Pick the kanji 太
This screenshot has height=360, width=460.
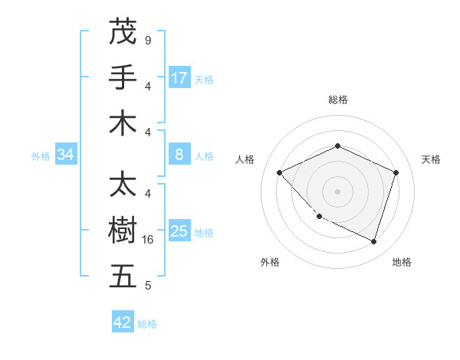(x=123, y=185)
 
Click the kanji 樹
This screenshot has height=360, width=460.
(x=123, y=231)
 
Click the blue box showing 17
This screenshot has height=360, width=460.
(x=179, y=77)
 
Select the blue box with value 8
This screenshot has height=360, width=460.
(x=179, y=155)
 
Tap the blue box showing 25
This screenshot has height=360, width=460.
(x=179, y=231)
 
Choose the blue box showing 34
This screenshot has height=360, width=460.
(x=66, y=155)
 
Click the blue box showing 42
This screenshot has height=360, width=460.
(x=123, y=322)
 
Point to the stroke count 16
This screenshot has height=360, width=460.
(x=149, y=240)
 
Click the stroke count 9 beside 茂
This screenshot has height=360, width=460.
(x=147, y=40)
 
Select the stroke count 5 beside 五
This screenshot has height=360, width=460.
(x=147, y=286)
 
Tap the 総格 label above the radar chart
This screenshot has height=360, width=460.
(x=337, y=100)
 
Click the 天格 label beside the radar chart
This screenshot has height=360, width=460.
(x=431, y=159)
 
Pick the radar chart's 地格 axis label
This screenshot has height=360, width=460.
(x=402, y=262)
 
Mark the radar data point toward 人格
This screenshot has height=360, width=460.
(x=280, y=172)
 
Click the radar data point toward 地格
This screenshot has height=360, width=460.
(x=373, y=241)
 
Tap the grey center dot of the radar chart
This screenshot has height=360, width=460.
(x=337, y=191)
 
